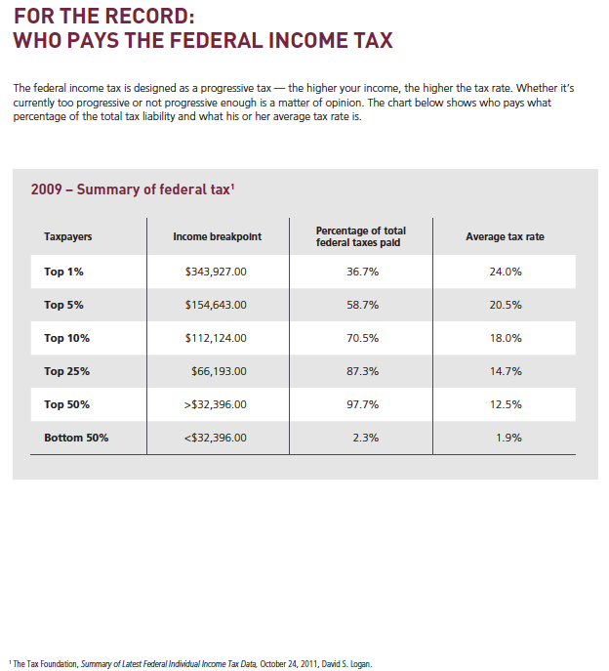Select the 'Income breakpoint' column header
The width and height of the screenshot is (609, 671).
218,236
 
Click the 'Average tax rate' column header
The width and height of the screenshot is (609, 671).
505,236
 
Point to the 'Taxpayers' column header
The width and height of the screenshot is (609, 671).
68,237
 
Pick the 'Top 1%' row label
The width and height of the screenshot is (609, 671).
63,272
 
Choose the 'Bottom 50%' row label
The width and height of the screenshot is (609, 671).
76,438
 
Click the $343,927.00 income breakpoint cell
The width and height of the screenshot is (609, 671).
216,272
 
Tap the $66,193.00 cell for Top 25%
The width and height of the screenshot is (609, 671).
219,371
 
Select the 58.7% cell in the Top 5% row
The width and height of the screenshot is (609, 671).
363,305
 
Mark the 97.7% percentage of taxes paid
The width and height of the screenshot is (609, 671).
363,404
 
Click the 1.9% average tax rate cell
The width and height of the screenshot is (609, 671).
508,438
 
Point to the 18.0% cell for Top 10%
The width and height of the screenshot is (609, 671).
506,338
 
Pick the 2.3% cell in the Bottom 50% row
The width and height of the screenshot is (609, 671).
366,438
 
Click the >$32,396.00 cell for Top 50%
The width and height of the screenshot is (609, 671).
215,404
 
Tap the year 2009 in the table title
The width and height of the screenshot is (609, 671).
46,189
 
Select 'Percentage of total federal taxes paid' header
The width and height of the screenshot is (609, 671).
360,236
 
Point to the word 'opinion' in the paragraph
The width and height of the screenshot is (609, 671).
342,103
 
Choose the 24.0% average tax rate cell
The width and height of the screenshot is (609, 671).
506,272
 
